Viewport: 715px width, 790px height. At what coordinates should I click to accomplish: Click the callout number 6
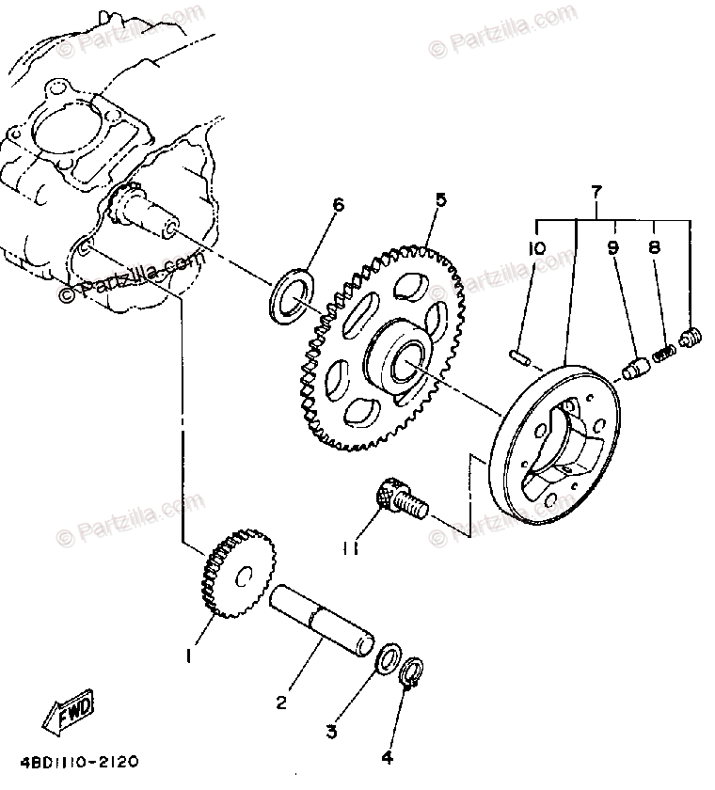click(x=339, y=206)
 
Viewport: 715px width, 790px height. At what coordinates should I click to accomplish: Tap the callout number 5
click(x=440, y=200)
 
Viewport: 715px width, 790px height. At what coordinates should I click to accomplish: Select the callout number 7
click(x=595, y=192)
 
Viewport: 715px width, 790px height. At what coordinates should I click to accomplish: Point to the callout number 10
click(x=536, y=248)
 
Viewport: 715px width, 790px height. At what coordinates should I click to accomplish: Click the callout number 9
click(x=612, y=248)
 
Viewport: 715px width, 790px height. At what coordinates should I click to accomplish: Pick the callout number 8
click(x=654, y=248)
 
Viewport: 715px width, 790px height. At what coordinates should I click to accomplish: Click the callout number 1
click(x=190, y=656)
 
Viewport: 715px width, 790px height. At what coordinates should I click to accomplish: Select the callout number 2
click(x=281, y=701)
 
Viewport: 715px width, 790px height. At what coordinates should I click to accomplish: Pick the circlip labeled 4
click(x=410, y=674)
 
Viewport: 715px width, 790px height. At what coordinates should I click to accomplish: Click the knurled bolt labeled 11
click(x=399, y=499)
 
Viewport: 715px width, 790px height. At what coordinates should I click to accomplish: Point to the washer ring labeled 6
click(x=294, y=292)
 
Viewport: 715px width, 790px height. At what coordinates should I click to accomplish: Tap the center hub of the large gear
click(x=402, y=357)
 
